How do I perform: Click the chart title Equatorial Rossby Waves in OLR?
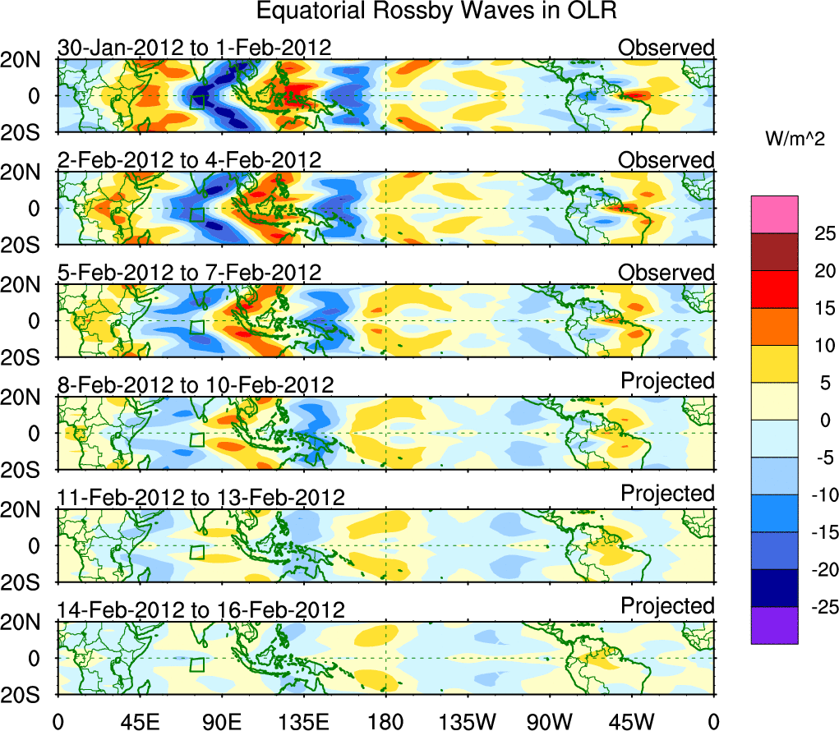(x=436, y=11)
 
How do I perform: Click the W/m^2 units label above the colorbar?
(x=794, y=140)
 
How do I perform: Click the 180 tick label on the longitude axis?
(x=385, y=721)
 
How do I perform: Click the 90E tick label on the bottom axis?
(x=221, y=721)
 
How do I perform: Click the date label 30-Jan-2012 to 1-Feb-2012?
(x=194, y=48)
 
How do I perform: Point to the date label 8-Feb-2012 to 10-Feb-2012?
(x=196, y=384)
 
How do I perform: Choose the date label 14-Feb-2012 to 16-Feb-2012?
(x=200, y=609)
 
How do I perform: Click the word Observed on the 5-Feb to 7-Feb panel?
(x=666, y=272)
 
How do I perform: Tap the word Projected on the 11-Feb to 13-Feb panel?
(x=667, y=493)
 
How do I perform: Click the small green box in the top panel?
(x=197, y=101)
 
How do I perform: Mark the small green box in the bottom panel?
(x=197, y=664)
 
